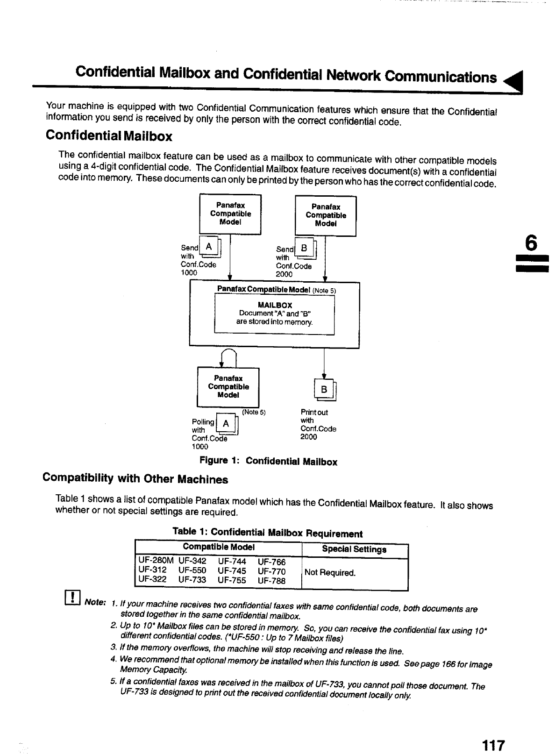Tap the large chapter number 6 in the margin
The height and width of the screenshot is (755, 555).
click(531, 243)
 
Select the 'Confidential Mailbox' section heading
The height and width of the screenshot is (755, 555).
click(109, 136)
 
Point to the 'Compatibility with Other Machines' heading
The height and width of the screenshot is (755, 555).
click(135, 478)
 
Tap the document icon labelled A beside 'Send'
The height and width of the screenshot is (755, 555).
click(211, 248)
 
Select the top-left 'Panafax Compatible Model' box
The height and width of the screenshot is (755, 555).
click(230, 214)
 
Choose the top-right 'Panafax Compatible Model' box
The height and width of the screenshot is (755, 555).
click(326, 215)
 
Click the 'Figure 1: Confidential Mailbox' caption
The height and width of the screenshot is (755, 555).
click(268, 461)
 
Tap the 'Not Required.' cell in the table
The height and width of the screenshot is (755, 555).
click(330, 572)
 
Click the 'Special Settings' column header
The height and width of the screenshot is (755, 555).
click(354, 549)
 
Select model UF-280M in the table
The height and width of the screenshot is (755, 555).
click(156, 560)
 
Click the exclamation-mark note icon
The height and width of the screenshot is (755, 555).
click(74, 598)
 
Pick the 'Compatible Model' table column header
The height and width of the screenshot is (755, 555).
click(219, 547)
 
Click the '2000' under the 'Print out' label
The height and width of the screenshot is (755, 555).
click(308, 437)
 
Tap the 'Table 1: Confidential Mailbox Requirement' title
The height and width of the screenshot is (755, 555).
click(267, 533)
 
